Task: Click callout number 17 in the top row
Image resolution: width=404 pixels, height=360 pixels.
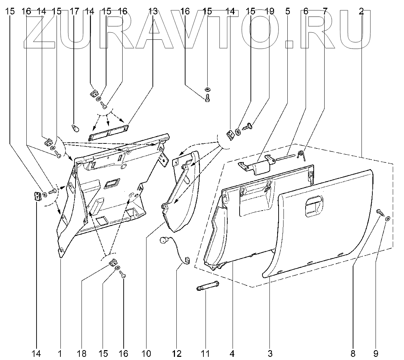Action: point(74,11)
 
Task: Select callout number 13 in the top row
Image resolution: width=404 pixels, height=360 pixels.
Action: point(153,11)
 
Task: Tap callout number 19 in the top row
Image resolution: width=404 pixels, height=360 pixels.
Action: point(269,11)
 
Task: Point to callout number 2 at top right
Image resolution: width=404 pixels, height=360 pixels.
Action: point(361,11)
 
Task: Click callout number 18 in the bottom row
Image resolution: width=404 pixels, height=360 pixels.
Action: point(82,353)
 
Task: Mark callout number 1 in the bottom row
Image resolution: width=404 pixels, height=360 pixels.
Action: point(60,353)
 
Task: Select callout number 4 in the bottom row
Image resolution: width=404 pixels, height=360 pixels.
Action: point(232,353)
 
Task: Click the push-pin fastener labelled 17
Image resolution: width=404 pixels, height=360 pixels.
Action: point(75,128)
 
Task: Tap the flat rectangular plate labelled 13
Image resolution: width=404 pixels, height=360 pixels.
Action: point(109,132)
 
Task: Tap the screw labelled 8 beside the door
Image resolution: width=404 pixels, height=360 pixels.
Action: point(379,212)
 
